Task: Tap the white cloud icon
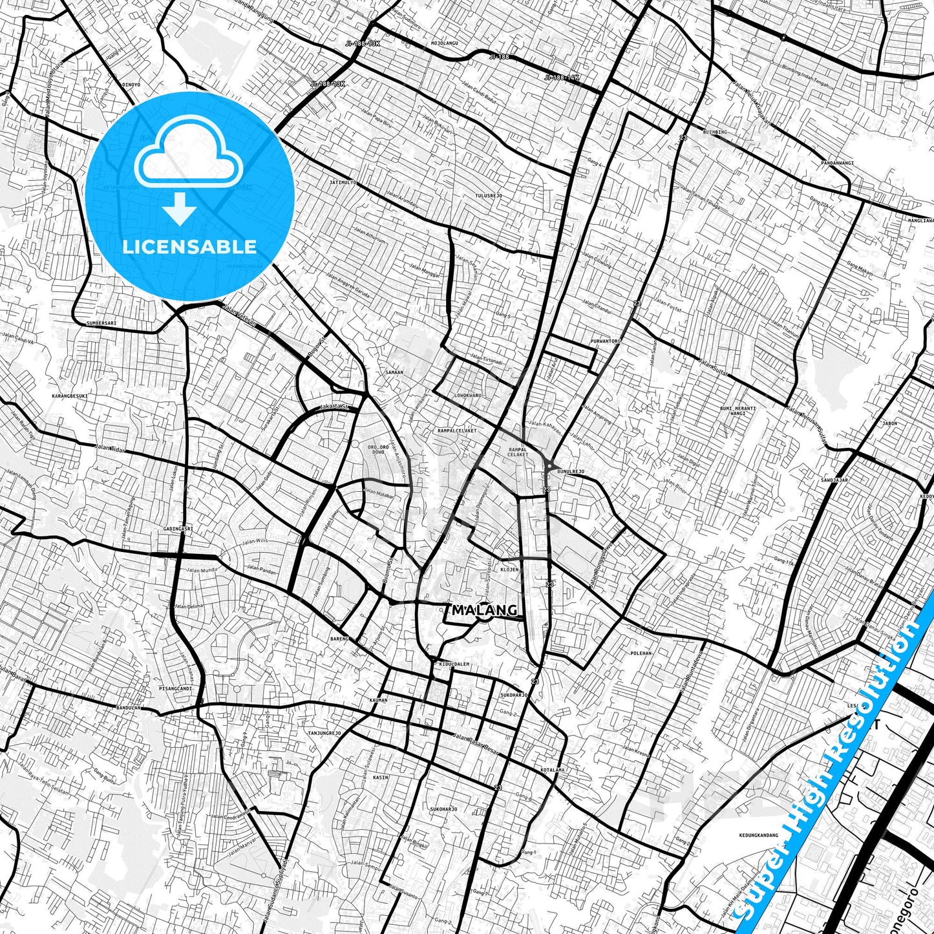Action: [x=189, y=158]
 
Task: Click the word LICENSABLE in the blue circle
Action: [x=189, y=247]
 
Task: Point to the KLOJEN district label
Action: [x=509, y=570]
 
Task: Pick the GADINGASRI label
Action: [x=178, y=529]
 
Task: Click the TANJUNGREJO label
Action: [x=324, y=733]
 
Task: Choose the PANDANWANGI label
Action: [x=837, y=163]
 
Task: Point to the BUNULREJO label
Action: [x=571, y=472]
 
